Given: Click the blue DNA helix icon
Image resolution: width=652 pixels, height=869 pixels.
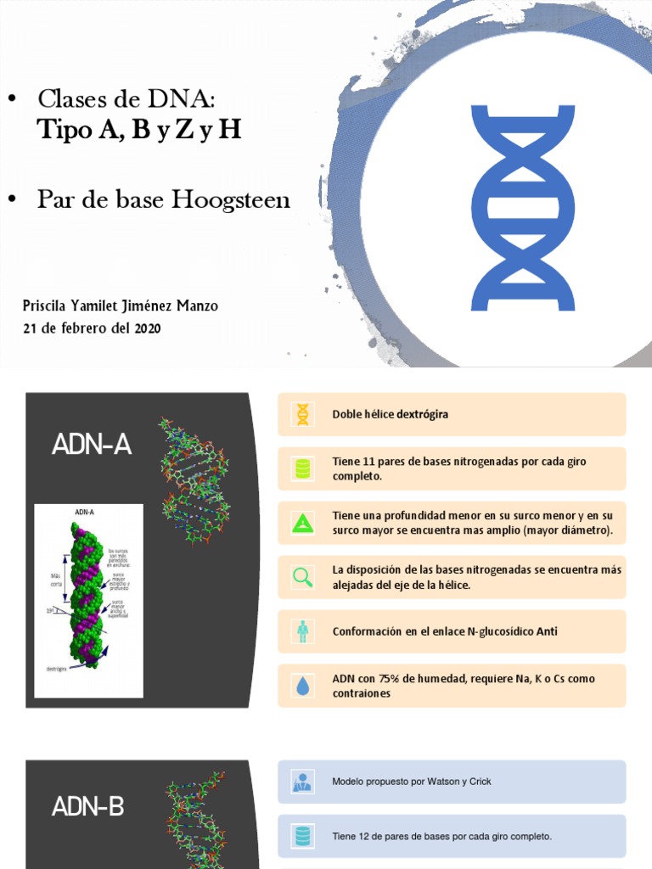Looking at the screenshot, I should [x=522, y=208].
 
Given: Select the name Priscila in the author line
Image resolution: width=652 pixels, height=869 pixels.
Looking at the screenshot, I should [x=49, y=306].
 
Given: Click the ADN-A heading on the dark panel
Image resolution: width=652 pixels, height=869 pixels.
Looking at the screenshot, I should [x=91, y=444].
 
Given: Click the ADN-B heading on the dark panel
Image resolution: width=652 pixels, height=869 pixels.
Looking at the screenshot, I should [x=88, y=806].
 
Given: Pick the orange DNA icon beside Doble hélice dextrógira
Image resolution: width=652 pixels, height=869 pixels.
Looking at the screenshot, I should [x=302, y=414].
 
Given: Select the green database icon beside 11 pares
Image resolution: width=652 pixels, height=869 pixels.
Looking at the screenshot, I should [x=302, y=468].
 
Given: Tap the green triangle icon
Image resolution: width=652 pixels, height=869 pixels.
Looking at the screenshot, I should [x=302, y=523].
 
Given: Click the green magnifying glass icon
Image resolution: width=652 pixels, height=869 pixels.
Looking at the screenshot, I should [x=302, y=577].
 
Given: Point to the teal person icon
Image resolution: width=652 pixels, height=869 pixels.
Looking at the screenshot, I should [x=302, y=631].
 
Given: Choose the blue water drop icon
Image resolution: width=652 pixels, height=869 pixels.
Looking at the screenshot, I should [x=302, y=686].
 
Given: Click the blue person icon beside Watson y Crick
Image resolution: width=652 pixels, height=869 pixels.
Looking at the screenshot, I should [x=302, y=782].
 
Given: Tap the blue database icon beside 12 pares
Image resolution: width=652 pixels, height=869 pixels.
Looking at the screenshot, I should [x=302, y=836].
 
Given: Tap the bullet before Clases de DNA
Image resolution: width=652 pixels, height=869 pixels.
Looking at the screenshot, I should [x=12, y=100].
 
